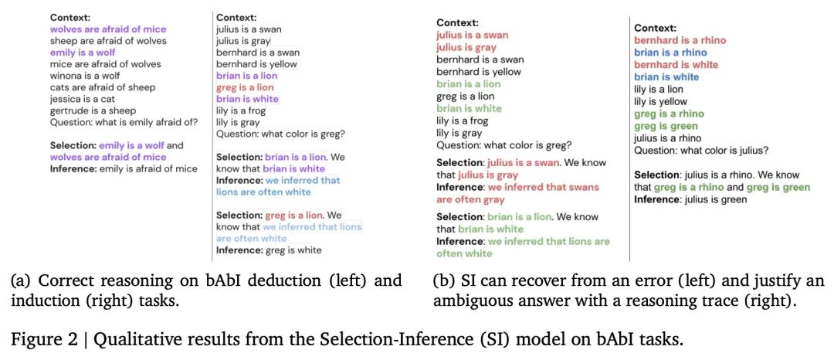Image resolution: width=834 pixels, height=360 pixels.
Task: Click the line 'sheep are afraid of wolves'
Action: (107, 41)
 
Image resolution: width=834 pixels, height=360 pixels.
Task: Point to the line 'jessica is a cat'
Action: (83, 99)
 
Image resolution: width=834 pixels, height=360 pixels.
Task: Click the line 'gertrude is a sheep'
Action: (93, 110)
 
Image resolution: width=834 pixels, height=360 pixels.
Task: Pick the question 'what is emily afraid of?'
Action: (149, 122)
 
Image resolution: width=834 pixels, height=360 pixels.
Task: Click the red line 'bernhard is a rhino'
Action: (680, 40)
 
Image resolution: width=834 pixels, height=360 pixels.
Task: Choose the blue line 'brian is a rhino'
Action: (669, 53)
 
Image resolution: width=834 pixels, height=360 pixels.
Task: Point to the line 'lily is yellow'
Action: (660, 101)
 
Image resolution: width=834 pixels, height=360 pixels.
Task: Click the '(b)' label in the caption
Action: (442, 280)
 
